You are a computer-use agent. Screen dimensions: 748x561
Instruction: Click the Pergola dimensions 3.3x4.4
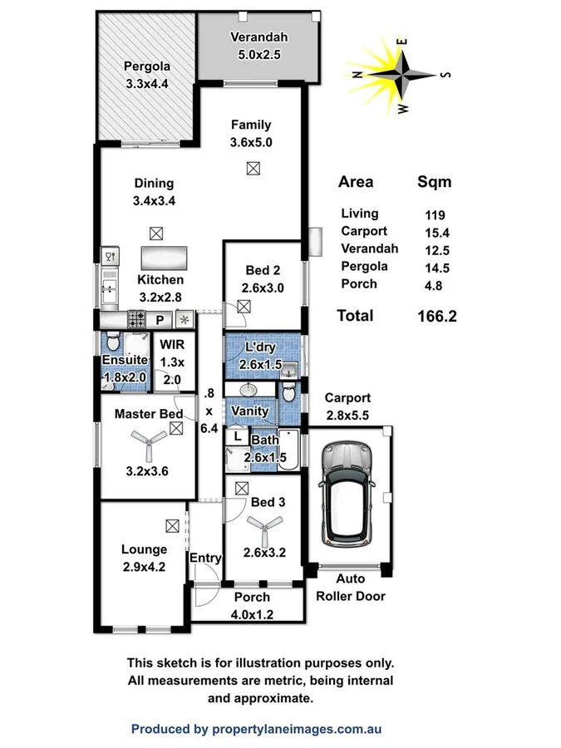[146, 83]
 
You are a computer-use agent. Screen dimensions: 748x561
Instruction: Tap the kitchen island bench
[165, 256]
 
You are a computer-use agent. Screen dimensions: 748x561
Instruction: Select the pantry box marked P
[160, 318]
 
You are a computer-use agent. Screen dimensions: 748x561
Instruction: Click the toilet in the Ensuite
[114, 343]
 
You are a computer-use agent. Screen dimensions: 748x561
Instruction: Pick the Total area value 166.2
[436, 316]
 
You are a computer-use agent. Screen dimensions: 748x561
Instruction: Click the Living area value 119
[435, 214]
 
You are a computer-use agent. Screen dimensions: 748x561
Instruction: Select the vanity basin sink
[249, 391]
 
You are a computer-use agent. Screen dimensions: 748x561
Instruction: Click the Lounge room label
[144, 549]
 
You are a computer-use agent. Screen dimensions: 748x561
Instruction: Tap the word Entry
[205, 558]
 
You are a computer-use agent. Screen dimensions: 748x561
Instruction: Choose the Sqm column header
[434, 182]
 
